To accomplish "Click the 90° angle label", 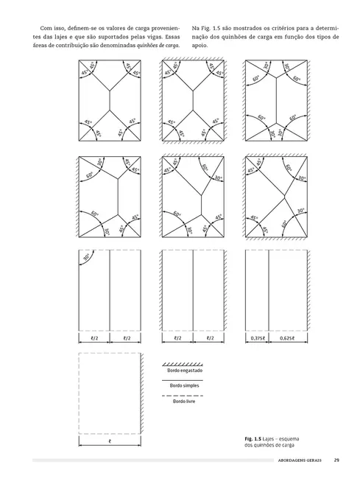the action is (x=86, y=257).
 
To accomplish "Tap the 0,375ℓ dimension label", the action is (x=257, y=338).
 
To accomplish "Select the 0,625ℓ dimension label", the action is (x=288, y=338).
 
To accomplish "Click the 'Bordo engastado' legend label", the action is (x=185, y=371).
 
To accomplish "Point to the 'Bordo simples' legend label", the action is (x=184, y=385).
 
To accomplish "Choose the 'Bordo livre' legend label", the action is (x=184, y=401).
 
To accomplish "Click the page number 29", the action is (x=336, y=460).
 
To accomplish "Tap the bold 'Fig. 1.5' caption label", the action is (x=253, y=439).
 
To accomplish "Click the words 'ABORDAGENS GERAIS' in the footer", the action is (x=300, y=460).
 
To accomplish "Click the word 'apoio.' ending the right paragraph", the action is (x=200, y=46).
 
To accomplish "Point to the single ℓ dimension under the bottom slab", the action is (x=110, y=441).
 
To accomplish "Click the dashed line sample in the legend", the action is (x=183, y=396).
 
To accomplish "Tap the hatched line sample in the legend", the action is (x=183, y=365).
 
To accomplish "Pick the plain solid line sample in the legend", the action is (x=183, y=380).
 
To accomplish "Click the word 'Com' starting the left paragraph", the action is (x=46, y=29).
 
